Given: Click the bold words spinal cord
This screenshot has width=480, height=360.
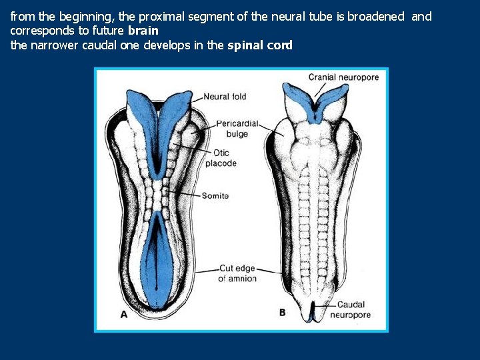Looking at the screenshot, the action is click(260, 45).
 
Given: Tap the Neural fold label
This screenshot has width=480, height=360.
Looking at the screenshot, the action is click(225, 97).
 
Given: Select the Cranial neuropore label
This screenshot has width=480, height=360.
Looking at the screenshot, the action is click(343, 77).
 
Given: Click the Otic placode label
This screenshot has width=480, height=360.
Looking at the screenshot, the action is click(221, 158).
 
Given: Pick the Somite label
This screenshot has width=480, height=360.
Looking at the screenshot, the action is click(215, 195).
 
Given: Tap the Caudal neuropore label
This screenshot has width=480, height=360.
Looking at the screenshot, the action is click(350, 309).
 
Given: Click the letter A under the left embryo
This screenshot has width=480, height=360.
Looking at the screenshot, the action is click(124, 315).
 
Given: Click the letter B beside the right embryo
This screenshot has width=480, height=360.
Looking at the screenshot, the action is click(282, 312).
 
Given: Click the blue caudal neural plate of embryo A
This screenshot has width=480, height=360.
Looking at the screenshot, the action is click(157, 260).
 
